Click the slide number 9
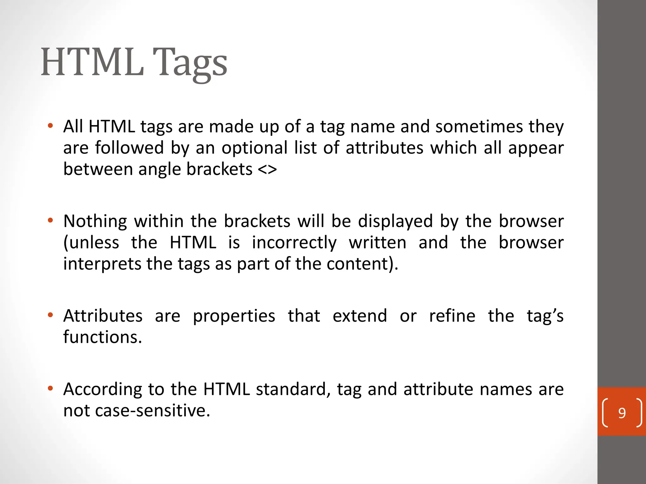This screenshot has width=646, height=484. click(x=622, y=413)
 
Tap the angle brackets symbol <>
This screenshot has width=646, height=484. click(x=267, y=170)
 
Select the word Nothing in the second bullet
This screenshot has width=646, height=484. click(x=95, y=221)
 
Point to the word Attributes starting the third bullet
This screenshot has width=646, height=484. click(x=103, y=316)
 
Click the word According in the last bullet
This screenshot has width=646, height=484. click(x=103, y=389)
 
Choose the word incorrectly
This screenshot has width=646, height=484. click(x=294, y=243)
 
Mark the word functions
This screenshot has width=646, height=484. click(x=103, y=337)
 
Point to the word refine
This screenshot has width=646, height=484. click(x=452, y=316)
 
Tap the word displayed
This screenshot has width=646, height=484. click(x=395, y=221)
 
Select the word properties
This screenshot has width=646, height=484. click(x=234, y=316)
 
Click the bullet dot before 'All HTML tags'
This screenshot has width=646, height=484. click(x=50, y=126)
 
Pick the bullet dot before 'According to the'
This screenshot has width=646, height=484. click(x=50, y=389)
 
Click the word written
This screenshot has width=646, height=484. click(x=378, y=243)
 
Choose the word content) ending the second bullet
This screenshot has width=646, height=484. click(x=362, y=264)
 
